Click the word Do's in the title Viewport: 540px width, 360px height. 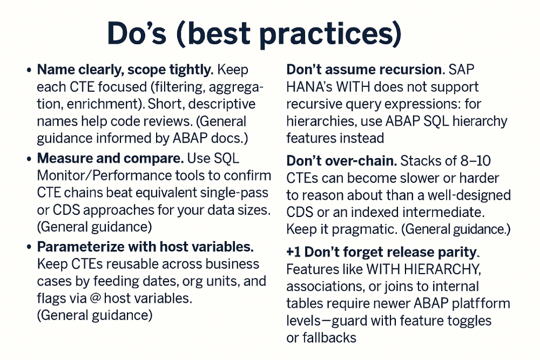137,33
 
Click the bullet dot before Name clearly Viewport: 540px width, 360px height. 29,70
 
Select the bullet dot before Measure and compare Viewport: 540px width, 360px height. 29,159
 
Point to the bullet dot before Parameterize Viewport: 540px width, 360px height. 29,247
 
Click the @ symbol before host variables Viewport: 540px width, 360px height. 95,298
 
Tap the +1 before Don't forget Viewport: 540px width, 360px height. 293,252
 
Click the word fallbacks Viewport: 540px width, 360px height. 329,338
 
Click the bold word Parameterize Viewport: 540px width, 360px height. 79,247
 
